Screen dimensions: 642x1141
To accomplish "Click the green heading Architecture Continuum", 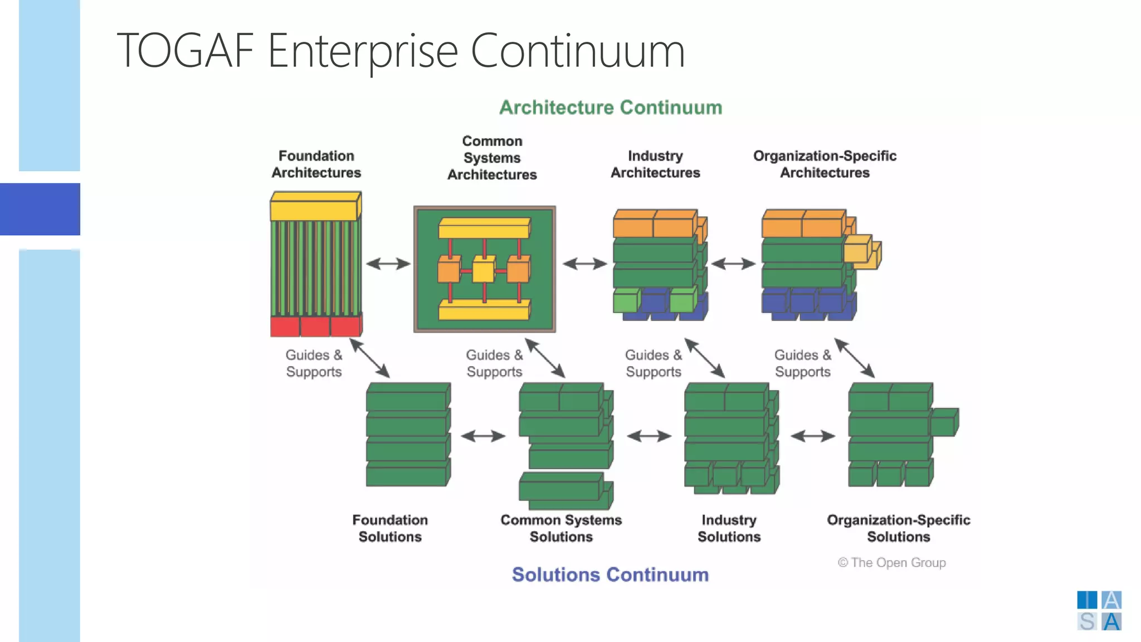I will click(x=611, y=108).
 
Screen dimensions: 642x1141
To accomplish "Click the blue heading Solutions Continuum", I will click(x=610, y=575).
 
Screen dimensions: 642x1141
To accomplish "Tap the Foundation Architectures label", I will click(x=316, y=164).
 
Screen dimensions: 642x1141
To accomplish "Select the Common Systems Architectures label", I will click(x=492, y=158).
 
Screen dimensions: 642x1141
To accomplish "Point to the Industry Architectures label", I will click(x=655, y=164).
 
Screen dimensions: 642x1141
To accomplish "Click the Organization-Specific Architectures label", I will click(x=825, y=164).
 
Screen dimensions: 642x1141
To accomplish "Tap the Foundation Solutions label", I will click(x=390, y=528).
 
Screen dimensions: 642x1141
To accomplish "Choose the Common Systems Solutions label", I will click(x=561, y=528).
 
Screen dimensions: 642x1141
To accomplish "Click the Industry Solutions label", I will click(x=729, y=528).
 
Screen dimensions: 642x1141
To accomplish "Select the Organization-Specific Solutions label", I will click(x=898, y=528).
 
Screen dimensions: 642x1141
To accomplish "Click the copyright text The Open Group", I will click(x=892, y=563).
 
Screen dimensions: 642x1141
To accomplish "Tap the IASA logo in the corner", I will click(x=1099, y=611).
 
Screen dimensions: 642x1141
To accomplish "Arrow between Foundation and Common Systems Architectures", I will click(x=388, y=264).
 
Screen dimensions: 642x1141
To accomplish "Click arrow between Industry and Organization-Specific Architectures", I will click(x=733, y=264).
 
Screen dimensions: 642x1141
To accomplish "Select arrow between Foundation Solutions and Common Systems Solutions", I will click(x=483, y=436).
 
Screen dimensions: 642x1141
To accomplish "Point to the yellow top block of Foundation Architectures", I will click(x=315, y=207).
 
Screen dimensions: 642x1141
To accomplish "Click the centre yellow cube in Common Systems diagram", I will click(x=483, y=271).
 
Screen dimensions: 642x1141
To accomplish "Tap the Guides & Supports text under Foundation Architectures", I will click(x=314, y=363).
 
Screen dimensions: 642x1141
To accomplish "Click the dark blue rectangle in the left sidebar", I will click(x=40, y=209).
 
